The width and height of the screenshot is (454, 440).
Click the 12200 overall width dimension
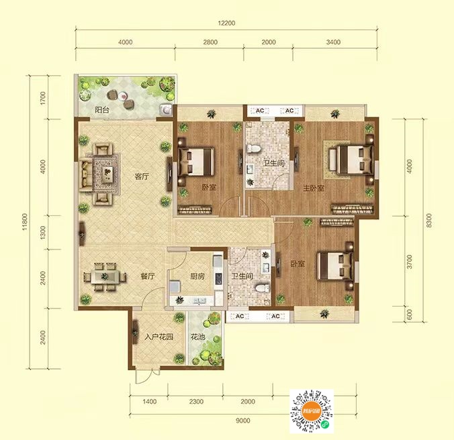(226, 23)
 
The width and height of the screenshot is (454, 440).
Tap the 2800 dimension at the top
(210, 42)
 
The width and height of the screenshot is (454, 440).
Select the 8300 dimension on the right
(429, 220)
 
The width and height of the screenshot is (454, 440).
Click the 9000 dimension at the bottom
(242, 421)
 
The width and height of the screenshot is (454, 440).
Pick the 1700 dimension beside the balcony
(43, 98)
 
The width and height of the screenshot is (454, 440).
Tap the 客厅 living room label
(142, 176)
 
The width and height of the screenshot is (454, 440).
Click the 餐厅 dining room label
(148, 276)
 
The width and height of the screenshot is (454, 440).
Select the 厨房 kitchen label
(197, 276)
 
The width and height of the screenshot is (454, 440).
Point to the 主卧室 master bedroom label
(314, 188)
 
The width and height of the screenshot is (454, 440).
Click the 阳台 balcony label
(102, 110)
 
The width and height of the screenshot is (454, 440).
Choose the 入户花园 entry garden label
(159, 337)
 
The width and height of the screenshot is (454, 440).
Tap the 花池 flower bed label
(197, 337)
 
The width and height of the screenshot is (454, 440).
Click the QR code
(312, 411)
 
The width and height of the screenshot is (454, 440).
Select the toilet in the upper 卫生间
(253, 149)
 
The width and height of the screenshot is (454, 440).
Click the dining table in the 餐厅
(105, 276)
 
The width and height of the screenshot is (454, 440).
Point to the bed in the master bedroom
(351, 160)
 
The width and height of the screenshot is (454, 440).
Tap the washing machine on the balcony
(166, 110)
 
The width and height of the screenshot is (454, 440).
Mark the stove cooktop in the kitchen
(218, 278)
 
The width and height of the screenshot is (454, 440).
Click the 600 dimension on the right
(410, 315)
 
